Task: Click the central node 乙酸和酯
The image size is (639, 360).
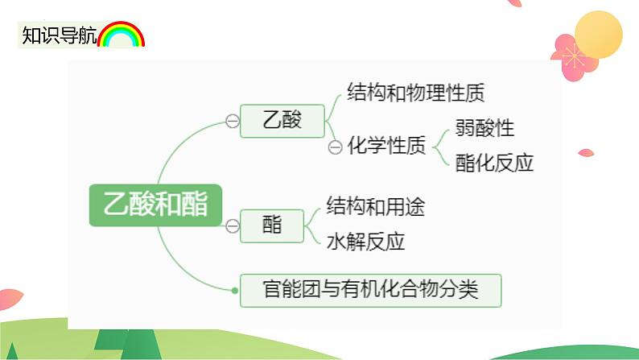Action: point(155,205)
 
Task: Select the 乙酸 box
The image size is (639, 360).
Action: point(282,121)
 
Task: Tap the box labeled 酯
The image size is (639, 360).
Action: point(272,226)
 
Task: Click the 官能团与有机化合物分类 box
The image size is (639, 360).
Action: point(370,290)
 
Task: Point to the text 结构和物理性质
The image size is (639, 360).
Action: point(416,92)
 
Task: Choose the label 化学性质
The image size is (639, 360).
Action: point(386,145)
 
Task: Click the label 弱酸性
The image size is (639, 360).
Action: point(484,127)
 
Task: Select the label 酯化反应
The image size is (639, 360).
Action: point(494,163)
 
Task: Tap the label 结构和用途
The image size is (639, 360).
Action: point(375,206)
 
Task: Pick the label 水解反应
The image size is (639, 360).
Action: point(365,242)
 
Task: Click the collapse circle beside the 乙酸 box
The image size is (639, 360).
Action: point(233,121)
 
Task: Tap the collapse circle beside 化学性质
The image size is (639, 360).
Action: point(335,147)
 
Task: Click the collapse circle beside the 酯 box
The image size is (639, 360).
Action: point(233,226)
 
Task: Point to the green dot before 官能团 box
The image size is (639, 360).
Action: point(235,290)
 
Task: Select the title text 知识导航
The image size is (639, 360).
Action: point(59,35)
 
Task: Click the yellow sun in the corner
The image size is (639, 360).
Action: point(599,35)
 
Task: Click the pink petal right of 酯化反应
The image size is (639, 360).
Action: point(586,153)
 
